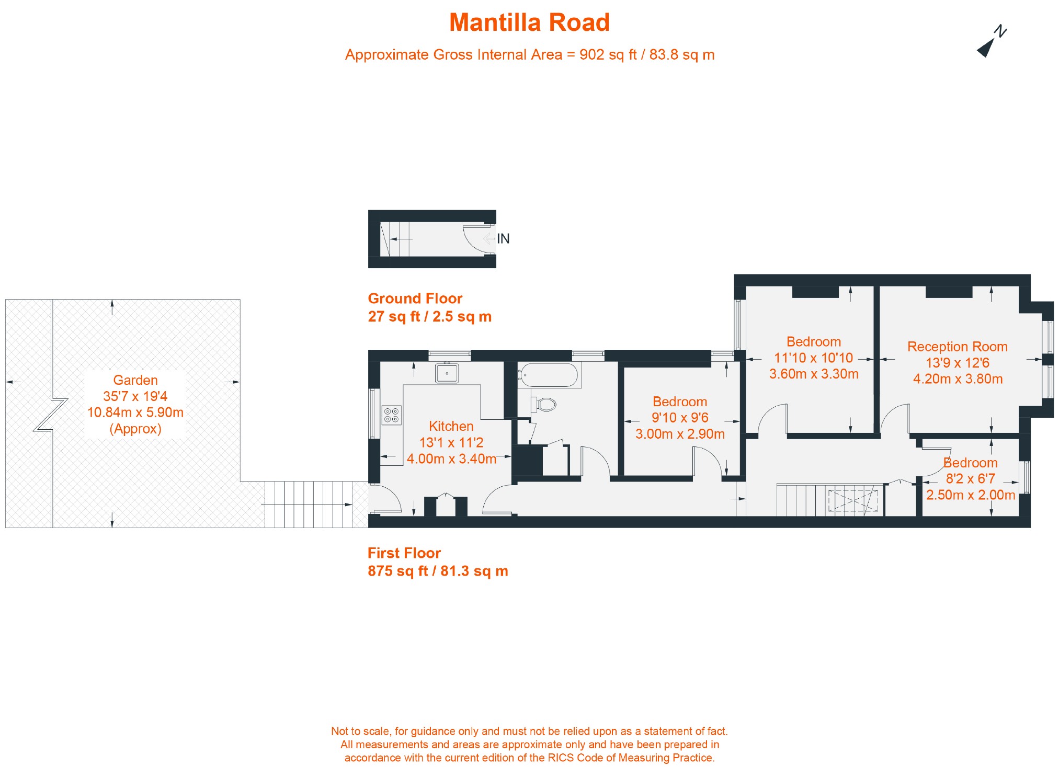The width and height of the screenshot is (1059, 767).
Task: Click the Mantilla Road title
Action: point(529,23)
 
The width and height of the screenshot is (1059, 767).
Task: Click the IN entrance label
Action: point(503,239)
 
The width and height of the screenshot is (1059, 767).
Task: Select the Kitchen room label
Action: point(451,426)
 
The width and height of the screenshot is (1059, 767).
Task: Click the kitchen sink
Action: point(447,373)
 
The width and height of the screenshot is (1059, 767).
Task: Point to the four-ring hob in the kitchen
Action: point(391,415)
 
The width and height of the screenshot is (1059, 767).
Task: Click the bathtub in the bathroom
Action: point(549,375)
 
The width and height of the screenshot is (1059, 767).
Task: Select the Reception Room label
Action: point(957,347)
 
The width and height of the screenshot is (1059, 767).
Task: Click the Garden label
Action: point(135,380)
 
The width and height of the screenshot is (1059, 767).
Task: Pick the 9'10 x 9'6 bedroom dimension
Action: point(680,418)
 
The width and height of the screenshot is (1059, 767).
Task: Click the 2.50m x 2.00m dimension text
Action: point(970,495)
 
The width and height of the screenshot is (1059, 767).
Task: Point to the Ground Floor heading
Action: point(415,299)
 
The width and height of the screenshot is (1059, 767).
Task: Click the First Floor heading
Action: point(404,553)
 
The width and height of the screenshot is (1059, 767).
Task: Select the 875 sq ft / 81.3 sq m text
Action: point(438,571)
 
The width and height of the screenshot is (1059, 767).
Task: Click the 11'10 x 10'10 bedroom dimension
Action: point(813,358)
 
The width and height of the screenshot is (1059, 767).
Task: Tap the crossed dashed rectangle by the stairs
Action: point(853,500)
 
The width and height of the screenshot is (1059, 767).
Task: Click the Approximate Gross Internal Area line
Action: point(529,55)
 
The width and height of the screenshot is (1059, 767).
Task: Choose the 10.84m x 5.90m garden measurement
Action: point(135,413)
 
